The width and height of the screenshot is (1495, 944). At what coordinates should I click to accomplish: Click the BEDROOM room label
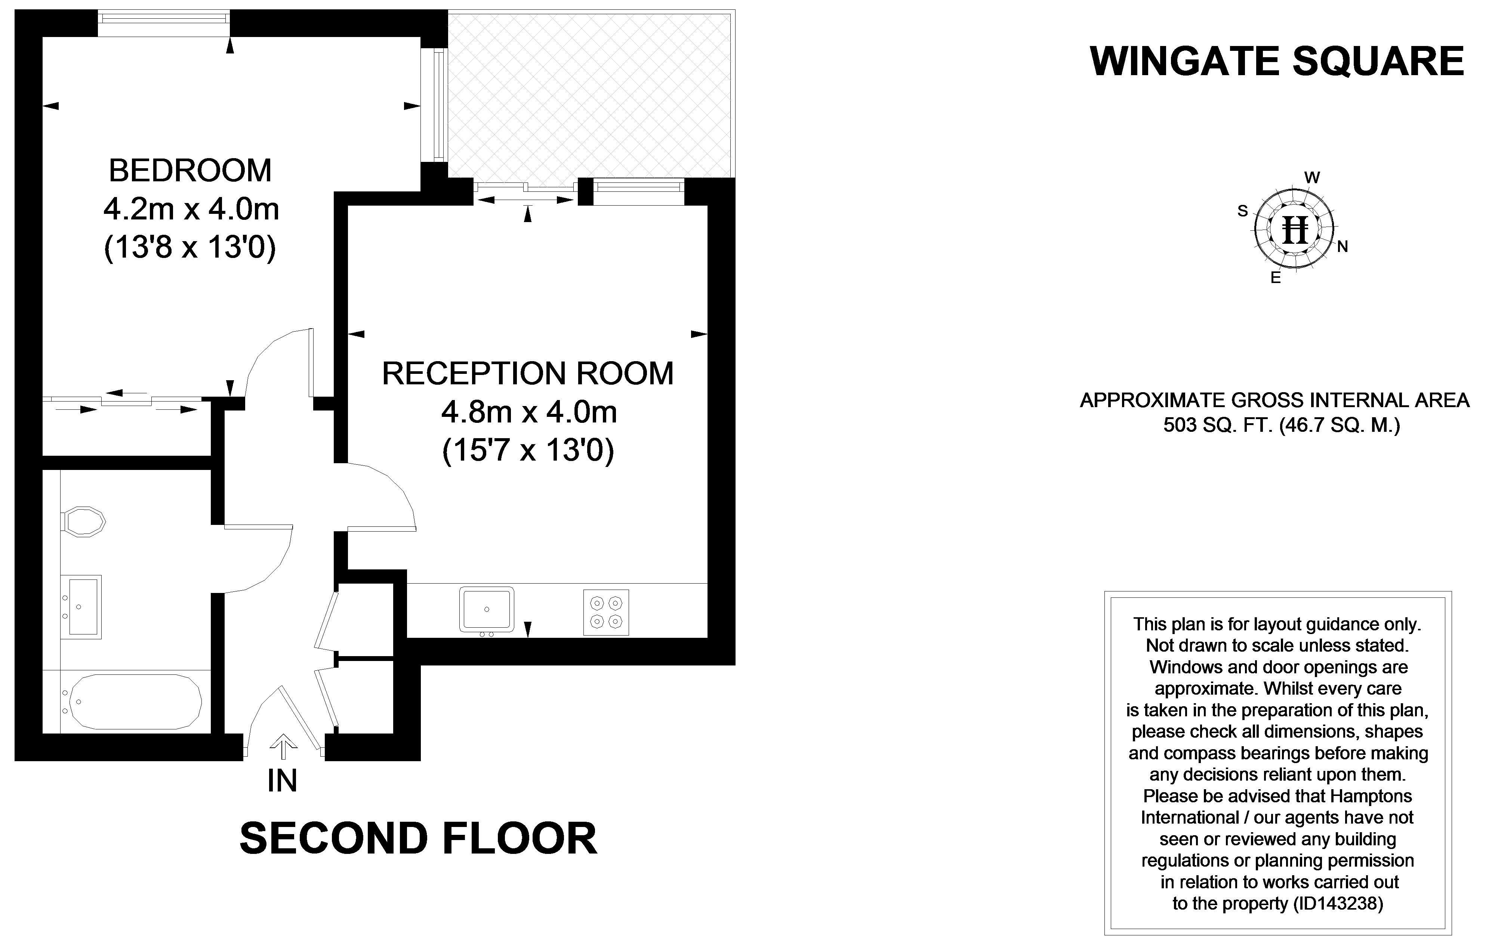(190, 171)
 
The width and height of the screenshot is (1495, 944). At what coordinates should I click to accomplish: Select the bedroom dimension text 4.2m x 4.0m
(191, 209)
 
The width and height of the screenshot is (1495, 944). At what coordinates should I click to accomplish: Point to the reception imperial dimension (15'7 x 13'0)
(528, 450)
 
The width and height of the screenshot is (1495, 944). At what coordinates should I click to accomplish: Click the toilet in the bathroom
(84, 521)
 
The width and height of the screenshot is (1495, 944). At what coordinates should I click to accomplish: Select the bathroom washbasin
(83, 607)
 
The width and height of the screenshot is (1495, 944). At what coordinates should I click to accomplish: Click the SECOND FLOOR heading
(418, 839)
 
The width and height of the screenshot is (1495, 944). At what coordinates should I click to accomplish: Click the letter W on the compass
(1312, 178)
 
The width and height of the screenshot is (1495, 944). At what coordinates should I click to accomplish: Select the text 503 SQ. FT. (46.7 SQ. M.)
(1282, 425)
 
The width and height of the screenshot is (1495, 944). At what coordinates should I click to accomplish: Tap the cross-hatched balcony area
(590, 93)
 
